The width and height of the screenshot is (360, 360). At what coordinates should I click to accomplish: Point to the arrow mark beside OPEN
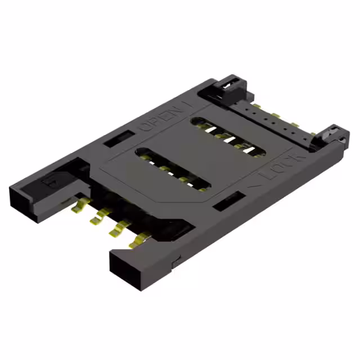pos(187,105)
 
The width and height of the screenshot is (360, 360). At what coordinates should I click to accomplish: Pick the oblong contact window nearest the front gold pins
pos(174,168)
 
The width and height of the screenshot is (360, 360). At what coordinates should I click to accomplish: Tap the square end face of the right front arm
pos(123,270)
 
